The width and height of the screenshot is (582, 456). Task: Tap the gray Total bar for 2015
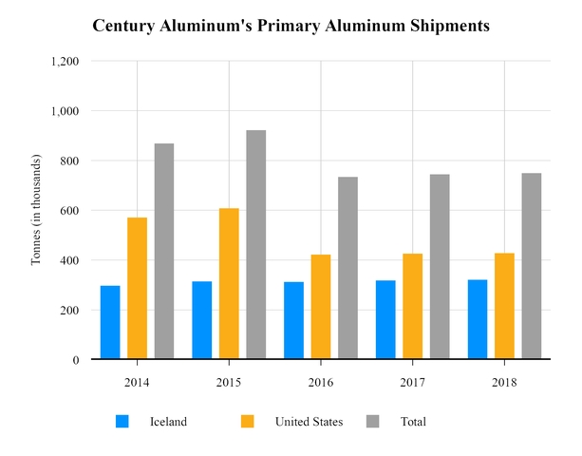pyautogui.click(x=256, y=244)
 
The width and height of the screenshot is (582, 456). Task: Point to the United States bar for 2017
pyautogui.click(x=412, y=306)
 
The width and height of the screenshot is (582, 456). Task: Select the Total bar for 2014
pyautogui.click(x=164, y=251)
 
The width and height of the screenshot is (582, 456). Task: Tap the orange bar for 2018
pyautogui.click(x=504, y=306)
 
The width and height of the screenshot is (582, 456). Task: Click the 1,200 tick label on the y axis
pyautogui.click(x=65, y=61)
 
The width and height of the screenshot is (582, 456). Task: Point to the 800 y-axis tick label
pyautogui.click(x=69, y=161)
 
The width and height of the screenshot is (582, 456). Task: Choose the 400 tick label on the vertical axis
pyautogui.click(x=69, y=260)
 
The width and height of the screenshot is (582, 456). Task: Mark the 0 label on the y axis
pyautogui.click(x=75, y=360)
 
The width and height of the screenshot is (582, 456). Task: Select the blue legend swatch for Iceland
pyautogui.click(x=122, y=421)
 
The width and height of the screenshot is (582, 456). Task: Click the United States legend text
pyautogui.click(x=309, y=422)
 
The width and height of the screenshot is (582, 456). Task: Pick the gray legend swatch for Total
pyautogui.click(x=373, y=421)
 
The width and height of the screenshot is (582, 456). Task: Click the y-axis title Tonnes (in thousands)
pyautogui.click(x=36, y=210)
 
